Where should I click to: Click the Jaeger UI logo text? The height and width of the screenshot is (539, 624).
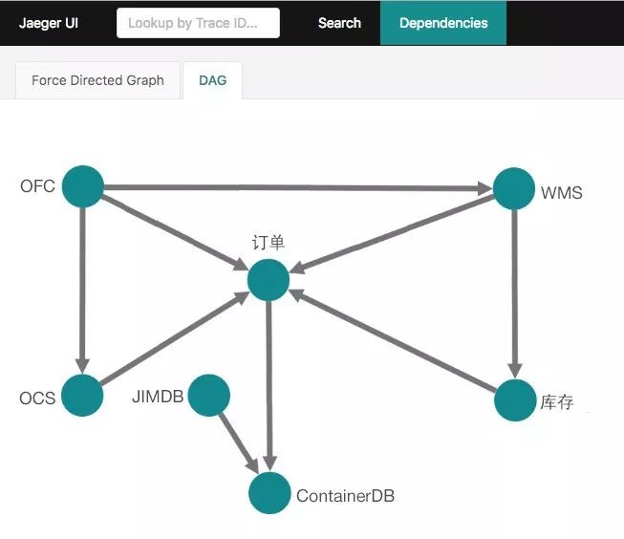49,23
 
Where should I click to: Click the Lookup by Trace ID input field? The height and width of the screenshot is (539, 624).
198,23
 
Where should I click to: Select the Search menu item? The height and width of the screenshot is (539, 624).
339,23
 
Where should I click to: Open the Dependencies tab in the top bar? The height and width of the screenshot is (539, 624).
443,23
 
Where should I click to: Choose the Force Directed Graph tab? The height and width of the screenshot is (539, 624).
97,80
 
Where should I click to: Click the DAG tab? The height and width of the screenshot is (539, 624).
212,80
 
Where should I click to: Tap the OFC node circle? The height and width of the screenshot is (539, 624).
83,186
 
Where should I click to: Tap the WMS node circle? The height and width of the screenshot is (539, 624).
514,188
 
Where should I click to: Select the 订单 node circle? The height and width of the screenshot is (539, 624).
269,280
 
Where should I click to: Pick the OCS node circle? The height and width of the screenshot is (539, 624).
82,396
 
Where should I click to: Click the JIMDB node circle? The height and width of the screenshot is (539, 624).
209,396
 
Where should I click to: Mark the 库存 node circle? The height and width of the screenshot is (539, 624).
515,400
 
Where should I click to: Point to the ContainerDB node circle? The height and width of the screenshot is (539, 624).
269,493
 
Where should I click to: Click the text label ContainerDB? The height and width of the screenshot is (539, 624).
345,496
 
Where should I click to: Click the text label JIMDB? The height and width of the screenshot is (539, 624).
158,397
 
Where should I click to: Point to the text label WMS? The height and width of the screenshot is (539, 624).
562,193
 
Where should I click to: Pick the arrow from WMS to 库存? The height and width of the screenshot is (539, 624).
514,293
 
